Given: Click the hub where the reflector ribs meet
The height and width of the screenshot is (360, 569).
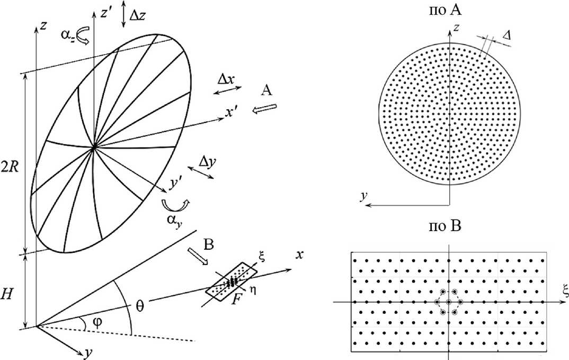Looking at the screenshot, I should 94,148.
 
